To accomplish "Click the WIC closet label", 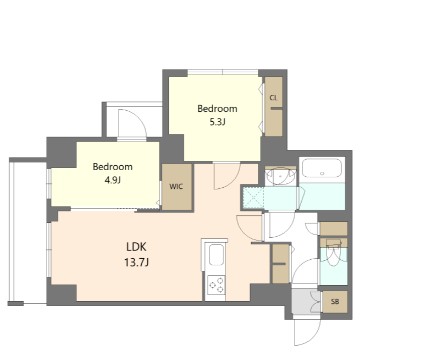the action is [176, 186].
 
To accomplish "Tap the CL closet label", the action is [273, 98].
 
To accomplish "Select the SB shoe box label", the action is [335, 302].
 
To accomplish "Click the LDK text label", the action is [136, 247].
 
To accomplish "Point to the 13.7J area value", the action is [136, 262].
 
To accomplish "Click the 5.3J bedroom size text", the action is [217, 122].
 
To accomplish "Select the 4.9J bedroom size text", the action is [113, 180].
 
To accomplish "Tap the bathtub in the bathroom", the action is [322, 168].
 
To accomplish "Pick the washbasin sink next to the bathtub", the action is [281, 175].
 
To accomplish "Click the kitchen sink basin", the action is [216, 256].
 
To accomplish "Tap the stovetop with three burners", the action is [216, 285].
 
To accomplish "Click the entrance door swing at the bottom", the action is [307, 332].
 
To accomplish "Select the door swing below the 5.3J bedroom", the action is [227, 176].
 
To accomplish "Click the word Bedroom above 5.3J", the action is [217, 108].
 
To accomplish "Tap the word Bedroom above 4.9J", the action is [113, 166].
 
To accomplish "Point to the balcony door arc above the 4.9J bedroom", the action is [133, 123].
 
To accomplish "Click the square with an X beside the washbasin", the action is [253, 198].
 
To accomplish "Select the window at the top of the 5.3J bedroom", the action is [223, 72].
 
